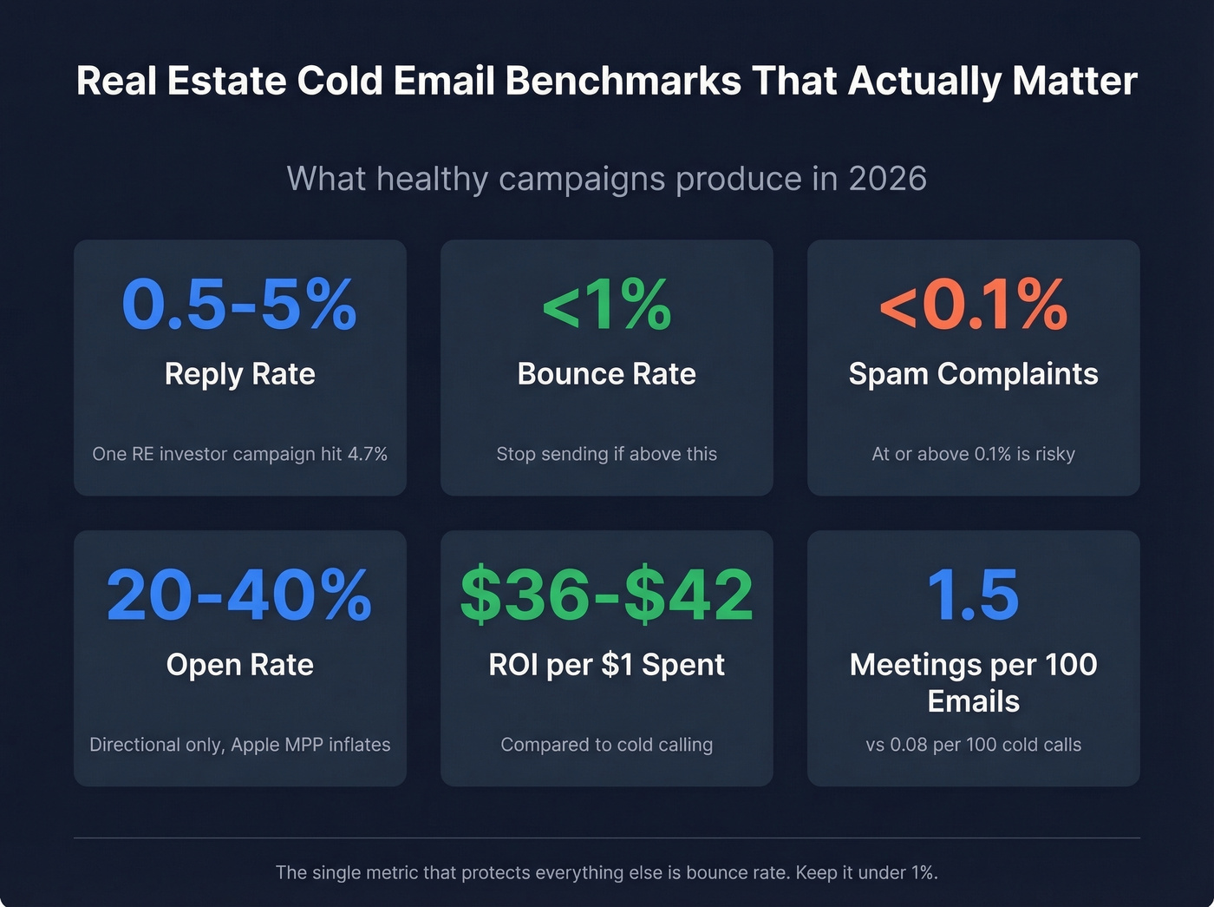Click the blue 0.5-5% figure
[239, 305]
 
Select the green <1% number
[606, 305]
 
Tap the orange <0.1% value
[973, 305]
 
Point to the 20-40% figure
[239, 595]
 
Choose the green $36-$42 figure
[606, 595]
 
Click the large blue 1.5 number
[973, 595]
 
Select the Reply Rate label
[239, 374]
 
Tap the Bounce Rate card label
[606, 374]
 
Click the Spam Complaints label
[973, 374]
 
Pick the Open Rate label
[239, 665]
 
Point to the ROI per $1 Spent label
[606, 665]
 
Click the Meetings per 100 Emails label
[973, 683]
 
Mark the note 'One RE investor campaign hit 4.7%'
[239, 454]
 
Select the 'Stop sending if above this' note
[606, 454]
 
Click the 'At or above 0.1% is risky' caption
[973, 454]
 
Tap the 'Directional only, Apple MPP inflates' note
[239, 745]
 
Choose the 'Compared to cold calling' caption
[606, 745]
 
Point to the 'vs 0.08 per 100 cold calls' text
[973, 745]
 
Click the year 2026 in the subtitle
[887, 179]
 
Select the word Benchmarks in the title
[623, 82]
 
